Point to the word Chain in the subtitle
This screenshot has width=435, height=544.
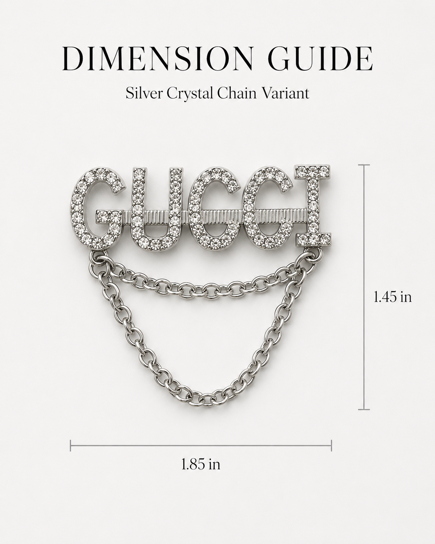pos(237,93)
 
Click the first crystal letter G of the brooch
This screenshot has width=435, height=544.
pos(97,207)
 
